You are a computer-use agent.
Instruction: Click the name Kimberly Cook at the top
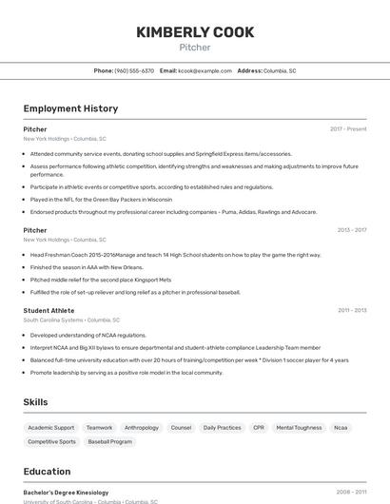tap(195, 32)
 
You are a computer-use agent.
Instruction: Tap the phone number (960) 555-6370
tap(134, 70)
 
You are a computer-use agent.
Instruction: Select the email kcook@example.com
tap(205, 70)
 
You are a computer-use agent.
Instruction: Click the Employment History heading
tap(70, 108)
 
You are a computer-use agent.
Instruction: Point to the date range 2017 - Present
tap(348, 129)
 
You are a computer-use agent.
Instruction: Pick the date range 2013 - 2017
tap(352, 230)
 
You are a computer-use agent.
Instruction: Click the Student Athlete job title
tap(49, 310)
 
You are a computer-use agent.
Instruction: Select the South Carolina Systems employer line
tap(65, 320)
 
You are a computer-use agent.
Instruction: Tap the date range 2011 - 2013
tap(352, 310)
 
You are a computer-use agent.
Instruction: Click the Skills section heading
tap(35, 402)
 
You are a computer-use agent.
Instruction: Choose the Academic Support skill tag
tap(51, 428)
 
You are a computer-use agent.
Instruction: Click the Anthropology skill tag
tap(142, 428)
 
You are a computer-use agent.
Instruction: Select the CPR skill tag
tap(259, 428)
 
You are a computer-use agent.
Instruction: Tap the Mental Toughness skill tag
tap(299, 428)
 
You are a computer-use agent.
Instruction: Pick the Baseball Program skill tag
tap(110, 441)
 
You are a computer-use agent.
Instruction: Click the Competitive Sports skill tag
tap(51, 441)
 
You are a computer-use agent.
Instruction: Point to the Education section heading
tap(47, 472)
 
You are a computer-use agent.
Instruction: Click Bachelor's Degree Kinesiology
tap(66, 493)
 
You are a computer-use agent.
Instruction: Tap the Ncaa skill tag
tap(341, 428)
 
